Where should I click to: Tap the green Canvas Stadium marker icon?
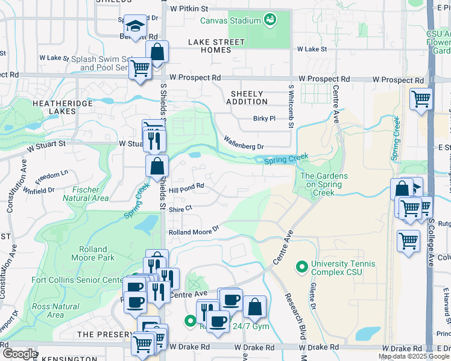coord(271,20)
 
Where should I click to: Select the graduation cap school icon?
coord(135,26)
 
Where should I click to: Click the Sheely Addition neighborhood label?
coord(247,97)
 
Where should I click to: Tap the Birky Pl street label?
coord(264,119)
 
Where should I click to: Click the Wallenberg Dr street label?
coord(244,143)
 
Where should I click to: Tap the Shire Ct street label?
coord(180,208)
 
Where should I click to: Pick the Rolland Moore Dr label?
coord(193,232)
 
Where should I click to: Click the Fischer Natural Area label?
coord(86,194)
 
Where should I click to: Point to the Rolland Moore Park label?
coord(96,253)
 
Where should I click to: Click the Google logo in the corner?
coord(19,353)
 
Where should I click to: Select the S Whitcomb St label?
coord(291,107)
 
